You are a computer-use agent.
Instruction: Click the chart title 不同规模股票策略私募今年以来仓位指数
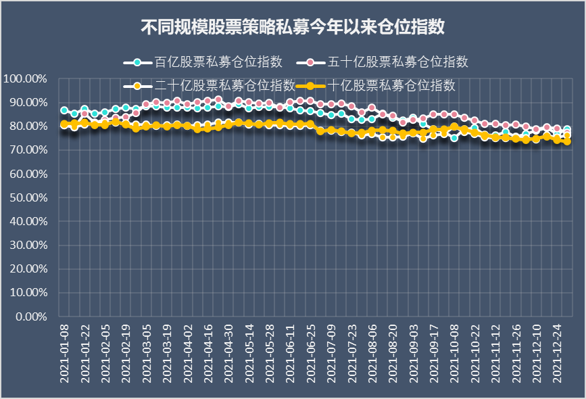293,28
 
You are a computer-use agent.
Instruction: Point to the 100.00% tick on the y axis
25,78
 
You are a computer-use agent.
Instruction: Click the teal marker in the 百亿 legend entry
137,62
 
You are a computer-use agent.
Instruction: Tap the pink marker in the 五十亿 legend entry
310,62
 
